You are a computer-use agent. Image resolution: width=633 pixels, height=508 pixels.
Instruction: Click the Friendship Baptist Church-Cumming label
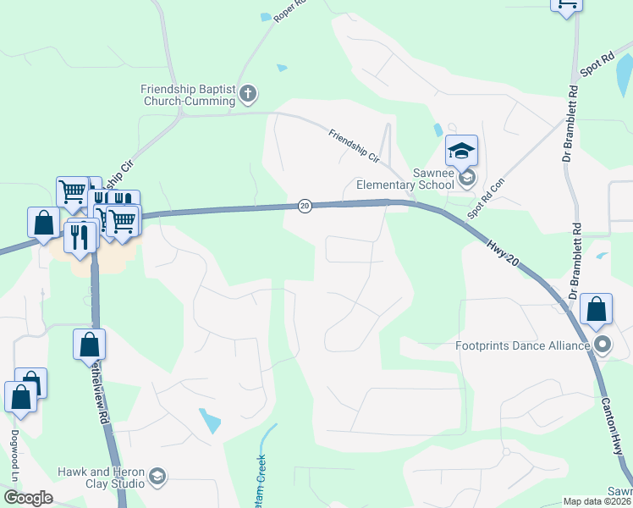pos(188,95)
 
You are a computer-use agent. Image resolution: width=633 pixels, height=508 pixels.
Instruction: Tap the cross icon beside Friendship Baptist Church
pos(247,93)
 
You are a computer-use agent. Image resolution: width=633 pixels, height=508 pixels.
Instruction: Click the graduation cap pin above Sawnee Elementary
pos(461,152)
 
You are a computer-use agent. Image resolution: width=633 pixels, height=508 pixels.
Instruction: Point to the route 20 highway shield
pos(305,206)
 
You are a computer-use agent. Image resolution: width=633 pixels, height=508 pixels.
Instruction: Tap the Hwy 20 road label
pos(503,252)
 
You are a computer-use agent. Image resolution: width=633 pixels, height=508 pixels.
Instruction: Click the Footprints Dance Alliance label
pos(522,345)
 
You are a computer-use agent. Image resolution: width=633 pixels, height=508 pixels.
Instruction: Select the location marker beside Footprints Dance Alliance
pos(603,345)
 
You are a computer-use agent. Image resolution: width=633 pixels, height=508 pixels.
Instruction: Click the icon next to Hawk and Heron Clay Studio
pos(157,478)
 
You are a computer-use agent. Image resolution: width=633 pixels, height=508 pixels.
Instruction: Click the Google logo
pos(28,498)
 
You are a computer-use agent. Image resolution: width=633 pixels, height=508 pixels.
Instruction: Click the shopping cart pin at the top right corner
pos(566,5)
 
